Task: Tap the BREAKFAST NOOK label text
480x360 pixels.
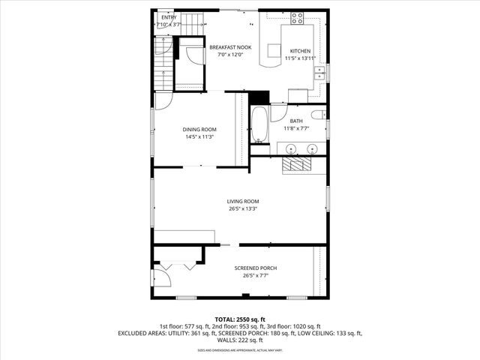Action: pos(230,46)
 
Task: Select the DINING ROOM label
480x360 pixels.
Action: pos(199,129)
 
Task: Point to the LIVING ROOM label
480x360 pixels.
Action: pos(243,201)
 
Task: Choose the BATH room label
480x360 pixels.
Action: pos(297,121)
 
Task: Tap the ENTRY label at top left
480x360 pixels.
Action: pos(169,16)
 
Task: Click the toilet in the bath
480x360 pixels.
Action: pos(319,114)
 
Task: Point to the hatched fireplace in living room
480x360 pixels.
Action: pos(298,166)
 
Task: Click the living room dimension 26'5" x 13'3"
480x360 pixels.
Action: pos(243,209)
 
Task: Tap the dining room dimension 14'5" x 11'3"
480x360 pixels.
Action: pos(199,137)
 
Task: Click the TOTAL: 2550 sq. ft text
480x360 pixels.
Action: pos(240,319)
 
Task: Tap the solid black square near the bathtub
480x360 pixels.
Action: pos(259,97)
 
